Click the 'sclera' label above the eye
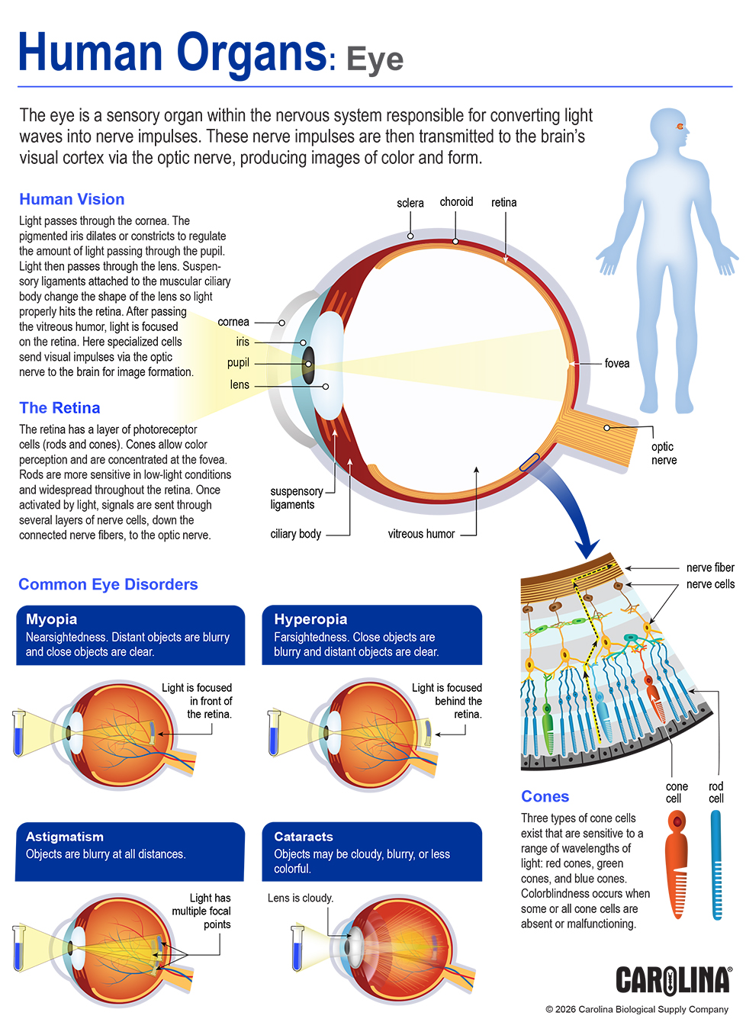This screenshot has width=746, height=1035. point(410,203)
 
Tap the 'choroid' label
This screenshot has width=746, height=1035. point(456,202)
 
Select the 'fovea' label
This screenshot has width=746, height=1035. point(616,363)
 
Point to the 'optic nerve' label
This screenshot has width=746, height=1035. point(664,453)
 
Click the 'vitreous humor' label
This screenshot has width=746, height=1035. point(421,534)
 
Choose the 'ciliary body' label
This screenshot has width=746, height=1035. point(295,534)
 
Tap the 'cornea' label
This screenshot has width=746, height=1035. point(233,322)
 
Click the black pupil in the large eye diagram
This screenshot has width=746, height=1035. point(308,364)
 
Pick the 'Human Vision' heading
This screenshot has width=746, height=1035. point(72,199)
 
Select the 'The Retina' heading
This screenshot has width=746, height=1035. point(59,408)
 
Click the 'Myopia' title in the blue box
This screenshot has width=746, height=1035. point(51,619)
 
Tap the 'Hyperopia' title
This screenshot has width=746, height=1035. point(310,619)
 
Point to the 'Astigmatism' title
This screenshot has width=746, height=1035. point(65,837)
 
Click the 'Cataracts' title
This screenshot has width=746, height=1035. point(304,837)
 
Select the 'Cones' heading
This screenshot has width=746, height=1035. point(545,796)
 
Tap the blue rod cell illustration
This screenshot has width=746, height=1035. point(715,863)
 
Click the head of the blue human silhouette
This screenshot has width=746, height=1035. point(669,128)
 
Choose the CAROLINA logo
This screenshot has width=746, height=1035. point(673,980)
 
